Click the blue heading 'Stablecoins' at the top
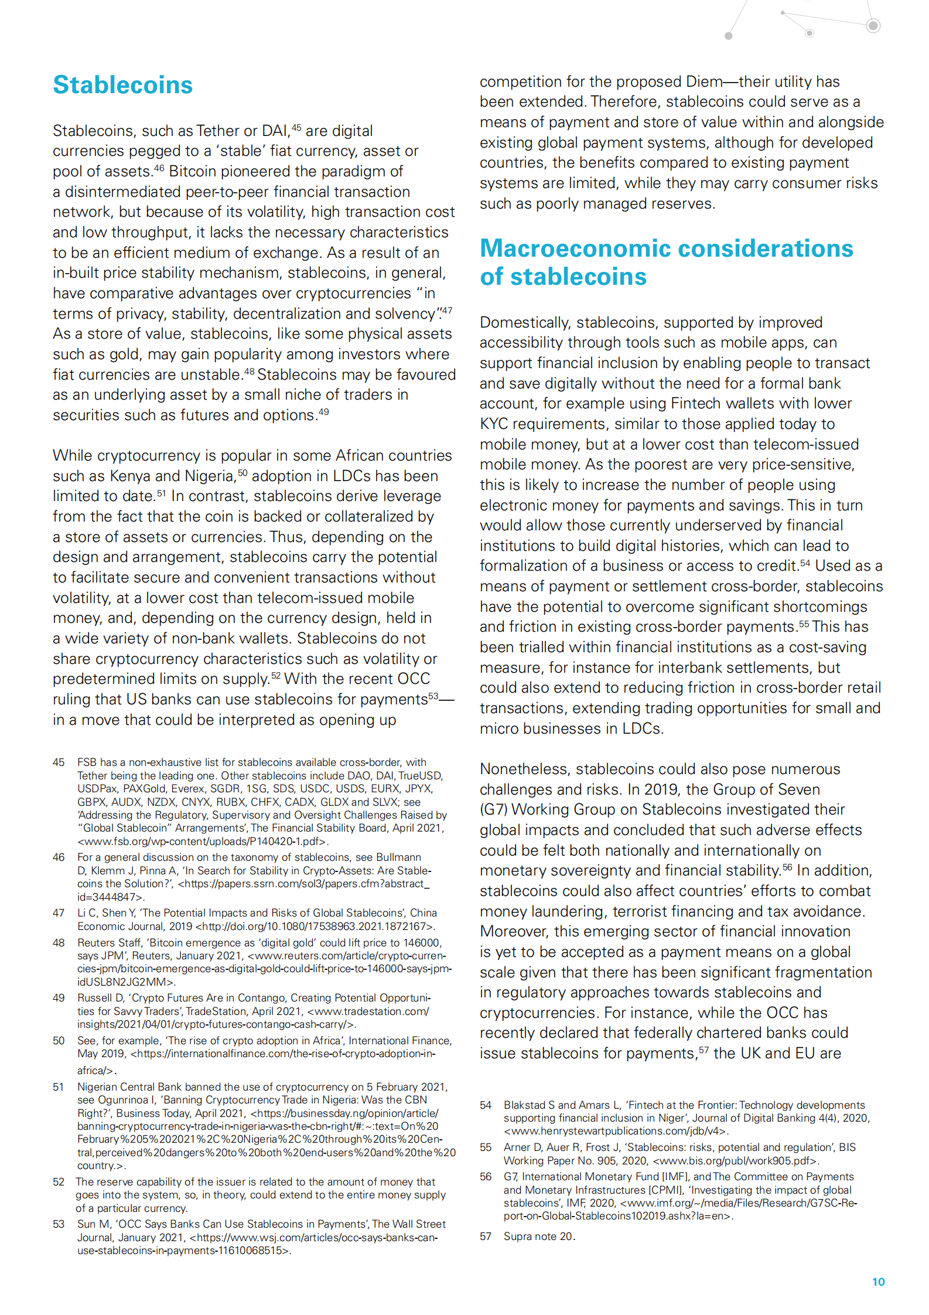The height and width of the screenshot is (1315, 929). [122, 85]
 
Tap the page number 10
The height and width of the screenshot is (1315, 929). [878, 1282]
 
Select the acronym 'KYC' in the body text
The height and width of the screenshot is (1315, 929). [493, 424]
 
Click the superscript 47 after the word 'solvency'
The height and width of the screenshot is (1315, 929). [447, 310]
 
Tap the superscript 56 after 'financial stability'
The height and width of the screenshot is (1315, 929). [787, 867]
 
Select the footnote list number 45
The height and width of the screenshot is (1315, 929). [59, 762]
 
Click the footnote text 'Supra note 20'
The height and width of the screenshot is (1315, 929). [539, 1236]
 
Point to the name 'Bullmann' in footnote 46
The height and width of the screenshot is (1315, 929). [398, 857]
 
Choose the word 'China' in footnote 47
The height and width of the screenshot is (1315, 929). [423, 913]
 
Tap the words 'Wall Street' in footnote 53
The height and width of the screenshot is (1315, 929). [419, 1224]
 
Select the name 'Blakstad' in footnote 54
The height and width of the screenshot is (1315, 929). [524, 1105]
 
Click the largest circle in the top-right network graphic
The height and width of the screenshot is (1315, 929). [873, 25]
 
